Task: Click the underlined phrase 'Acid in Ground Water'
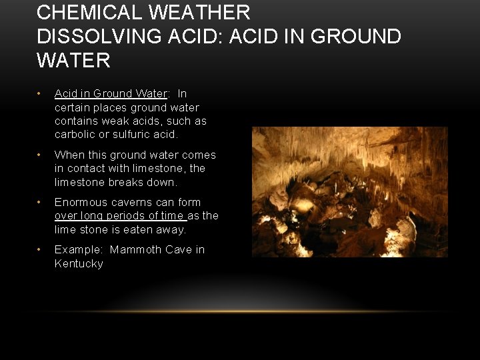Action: coord(111,94)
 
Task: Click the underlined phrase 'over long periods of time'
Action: coord(120,216)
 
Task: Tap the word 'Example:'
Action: coord(79,250)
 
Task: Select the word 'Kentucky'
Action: coord(79,264)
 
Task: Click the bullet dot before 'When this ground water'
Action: coord(41,155)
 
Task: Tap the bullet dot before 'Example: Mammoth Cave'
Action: coord(41,250)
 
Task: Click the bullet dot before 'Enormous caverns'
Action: coord(41,203)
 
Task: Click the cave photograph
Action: coord(349,192)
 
